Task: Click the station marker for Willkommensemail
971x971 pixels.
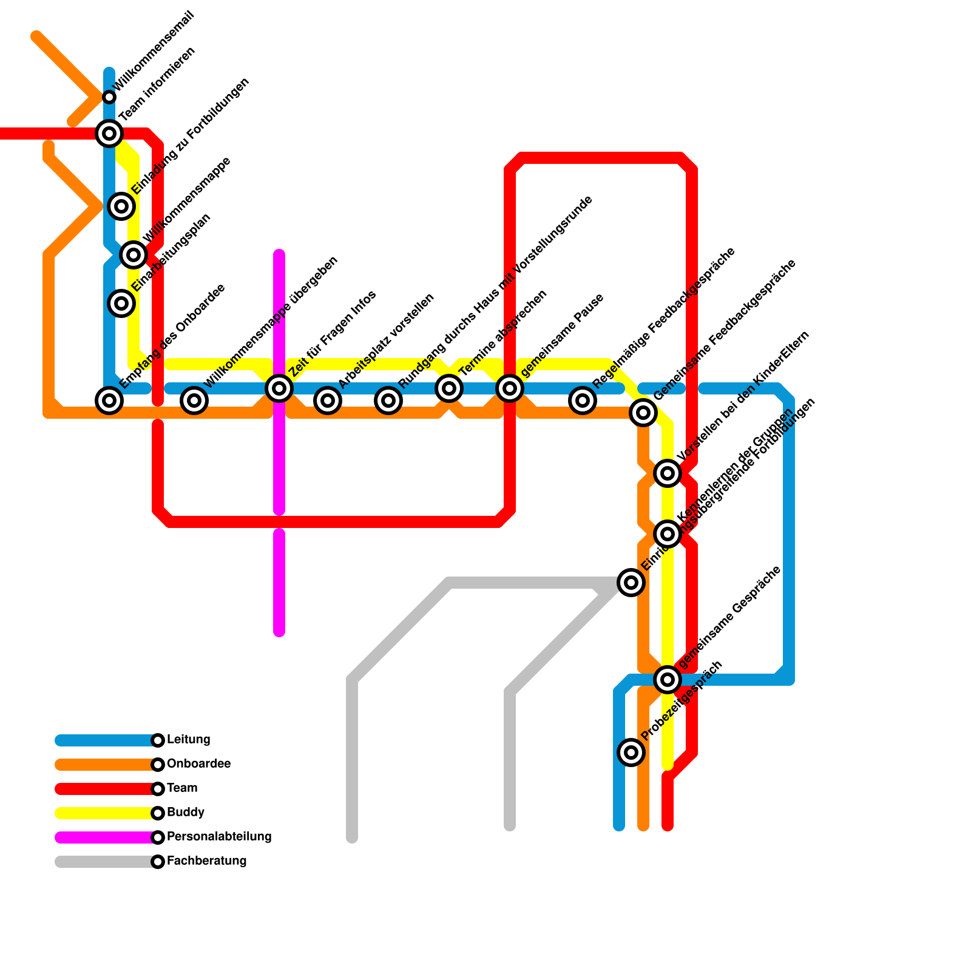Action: tap(109, 97)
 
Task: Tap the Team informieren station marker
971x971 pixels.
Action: tap(109, 133)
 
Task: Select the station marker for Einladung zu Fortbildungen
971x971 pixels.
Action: tap(121, 206)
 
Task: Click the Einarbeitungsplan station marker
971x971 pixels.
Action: tap(121, 303)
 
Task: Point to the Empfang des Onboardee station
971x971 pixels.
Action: tap(109, 401)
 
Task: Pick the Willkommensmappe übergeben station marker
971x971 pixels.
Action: tap(194, 401)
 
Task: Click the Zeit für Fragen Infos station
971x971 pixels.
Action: tap(279, 388)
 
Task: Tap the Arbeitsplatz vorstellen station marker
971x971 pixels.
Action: tap(328, 401)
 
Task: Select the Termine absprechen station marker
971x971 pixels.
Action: tap(449, 388)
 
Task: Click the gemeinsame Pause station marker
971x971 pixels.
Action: tap(510, 388)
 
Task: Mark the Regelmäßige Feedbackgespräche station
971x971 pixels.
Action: tap(583, 401)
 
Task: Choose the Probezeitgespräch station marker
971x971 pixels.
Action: tap(631, 753)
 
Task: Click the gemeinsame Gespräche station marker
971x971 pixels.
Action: tap(668, 680)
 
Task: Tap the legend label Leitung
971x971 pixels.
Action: tap(188, 740)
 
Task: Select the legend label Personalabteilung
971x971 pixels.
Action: tap(218, 837)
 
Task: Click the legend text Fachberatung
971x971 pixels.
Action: tap(206, 861)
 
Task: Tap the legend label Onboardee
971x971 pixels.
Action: tap(198, 764)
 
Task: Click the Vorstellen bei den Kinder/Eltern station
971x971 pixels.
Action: tap(668, 473)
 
